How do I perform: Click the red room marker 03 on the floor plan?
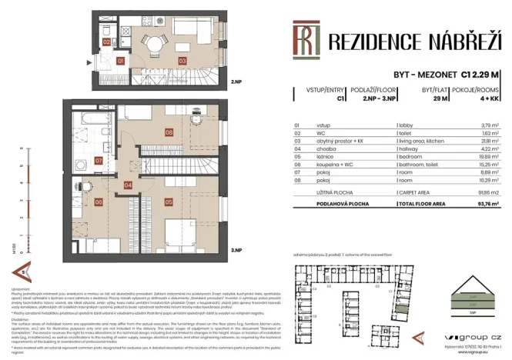182,60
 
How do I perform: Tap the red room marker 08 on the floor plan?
169,132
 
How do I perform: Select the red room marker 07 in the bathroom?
99,161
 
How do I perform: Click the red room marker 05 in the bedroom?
169,202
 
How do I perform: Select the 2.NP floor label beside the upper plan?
238,80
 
